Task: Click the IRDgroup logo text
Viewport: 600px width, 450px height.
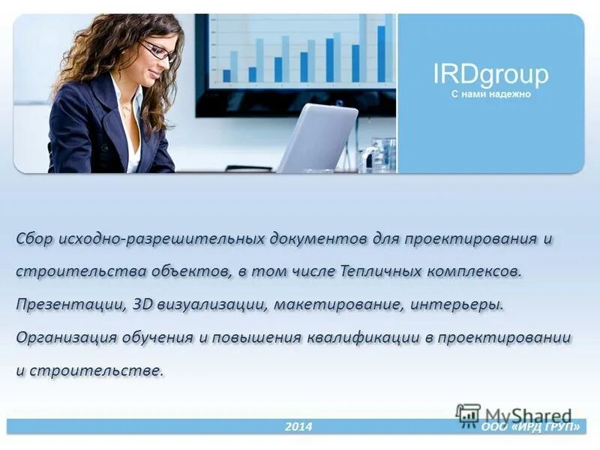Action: tap(490, 74)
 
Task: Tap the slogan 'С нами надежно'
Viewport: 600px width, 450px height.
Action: tap(490, 94)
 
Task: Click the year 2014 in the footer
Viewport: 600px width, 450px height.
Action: tap(298, 427)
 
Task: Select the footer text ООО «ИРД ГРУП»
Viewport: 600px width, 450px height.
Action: tap(530, 427)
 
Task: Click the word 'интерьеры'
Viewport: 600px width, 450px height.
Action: tap(456, 304)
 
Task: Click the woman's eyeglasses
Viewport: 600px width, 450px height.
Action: tap(157, 51)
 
